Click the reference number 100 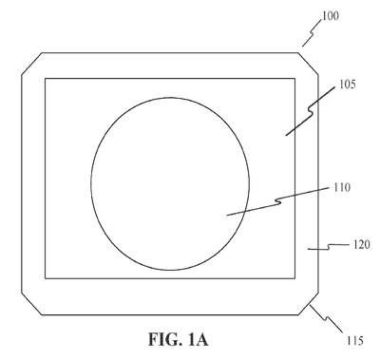tap(331, 15)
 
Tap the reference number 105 tap(348, 85)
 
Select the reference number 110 tap(342, 187)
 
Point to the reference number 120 tap(361, 244)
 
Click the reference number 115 tap(354, 341)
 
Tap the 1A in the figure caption tap(198, 340)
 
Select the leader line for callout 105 tap(311, 111)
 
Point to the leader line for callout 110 tap(278, 201)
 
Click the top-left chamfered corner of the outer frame tap(31, 64)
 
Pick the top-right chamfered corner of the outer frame tap(308, 64)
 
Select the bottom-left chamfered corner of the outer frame tap(31, 304)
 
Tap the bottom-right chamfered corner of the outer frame tap(308, 304)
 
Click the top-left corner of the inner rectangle tap(46, 79)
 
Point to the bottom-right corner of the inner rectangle tap(294, 278)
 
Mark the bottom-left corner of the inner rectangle tap(46, 278)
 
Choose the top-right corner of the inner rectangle tap(294, 79)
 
